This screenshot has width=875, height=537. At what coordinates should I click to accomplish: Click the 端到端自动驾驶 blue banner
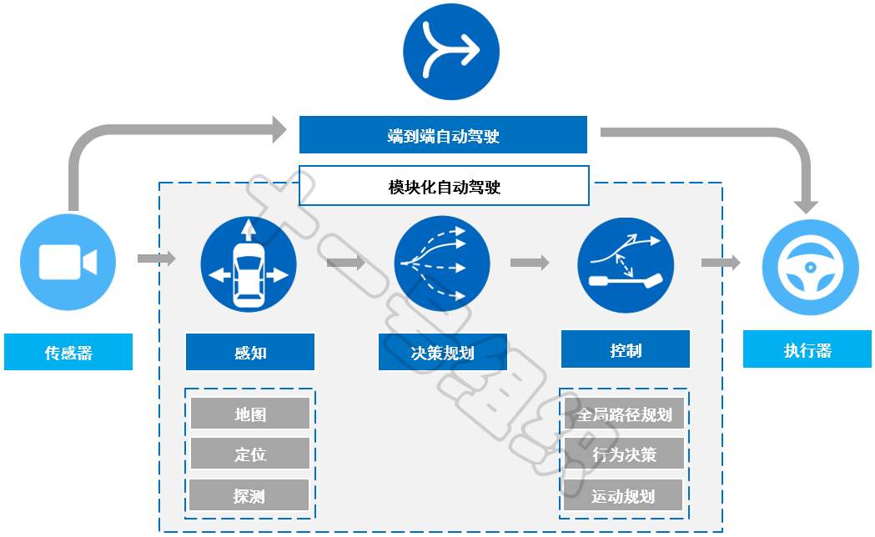[443, 135]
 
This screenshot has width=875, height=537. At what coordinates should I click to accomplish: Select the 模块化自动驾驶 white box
[445, 186]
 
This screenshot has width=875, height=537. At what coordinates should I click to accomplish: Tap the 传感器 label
[68, 352]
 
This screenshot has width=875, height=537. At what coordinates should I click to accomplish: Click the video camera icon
[68, 262]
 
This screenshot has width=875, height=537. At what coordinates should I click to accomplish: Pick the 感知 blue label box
[250, 352]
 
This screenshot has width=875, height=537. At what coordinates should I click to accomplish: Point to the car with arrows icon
[249, 264]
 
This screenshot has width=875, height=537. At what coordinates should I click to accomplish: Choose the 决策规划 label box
[443, 352]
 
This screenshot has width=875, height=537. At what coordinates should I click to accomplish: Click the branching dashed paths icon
[442, 263]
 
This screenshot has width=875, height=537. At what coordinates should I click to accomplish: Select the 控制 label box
[626, 349]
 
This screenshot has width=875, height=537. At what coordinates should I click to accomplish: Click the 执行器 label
[807, 349]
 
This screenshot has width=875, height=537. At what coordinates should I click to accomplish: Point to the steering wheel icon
[810, 268]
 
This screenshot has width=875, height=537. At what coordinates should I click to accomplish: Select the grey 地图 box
[250, 414]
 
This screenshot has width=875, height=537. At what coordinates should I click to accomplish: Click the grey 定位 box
[250, 454]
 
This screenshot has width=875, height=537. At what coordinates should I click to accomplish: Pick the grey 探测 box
[249, 494]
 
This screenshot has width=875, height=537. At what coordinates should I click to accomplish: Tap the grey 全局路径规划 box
[625, 414]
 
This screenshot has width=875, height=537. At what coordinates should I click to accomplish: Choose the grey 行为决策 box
[625, 454]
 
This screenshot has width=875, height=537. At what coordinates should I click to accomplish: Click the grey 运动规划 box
[623, 494]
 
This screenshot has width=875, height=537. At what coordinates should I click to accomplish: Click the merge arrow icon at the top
[451, 52]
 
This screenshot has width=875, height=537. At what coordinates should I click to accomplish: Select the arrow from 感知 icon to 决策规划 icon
[346, 262]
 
